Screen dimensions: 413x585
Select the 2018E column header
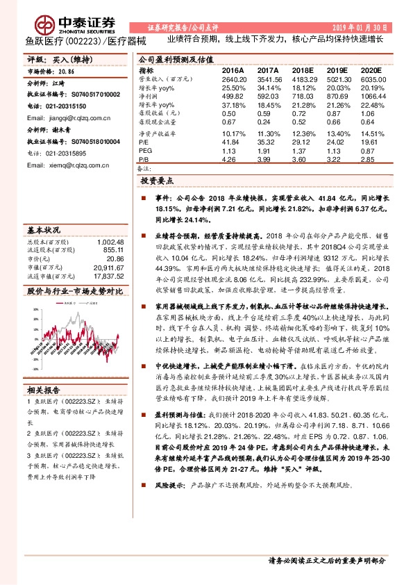303,71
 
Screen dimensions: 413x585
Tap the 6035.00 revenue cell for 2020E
373,79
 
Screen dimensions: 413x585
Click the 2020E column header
372,71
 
